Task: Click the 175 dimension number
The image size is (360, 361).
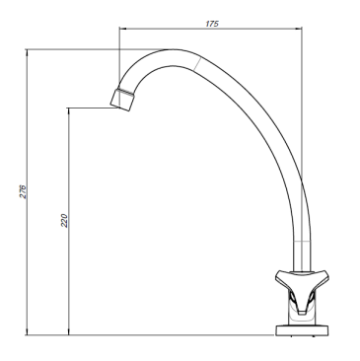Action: point(212,24)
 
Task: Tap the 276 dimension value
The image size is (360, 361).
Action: point(23,191)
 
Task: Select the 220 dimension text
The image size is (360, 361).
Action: point(64,221)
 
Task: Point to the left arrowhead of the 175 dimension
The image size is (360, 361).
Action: point(123,29)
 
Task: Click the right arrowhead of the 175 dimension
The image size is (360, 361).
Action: point(298,29)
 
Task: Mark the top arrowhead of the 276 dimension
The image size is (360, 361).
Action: point(27,53)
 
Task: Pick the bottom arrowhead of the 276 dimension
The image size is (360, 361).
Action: point(27,331)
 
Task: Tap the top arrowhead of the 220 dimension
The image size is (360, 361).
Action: point(68,111)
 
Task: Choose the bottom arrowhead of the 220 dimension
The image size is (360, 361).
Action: point(68,331)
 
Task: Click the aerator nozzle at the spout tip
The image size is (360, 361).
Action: point(122,100)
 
